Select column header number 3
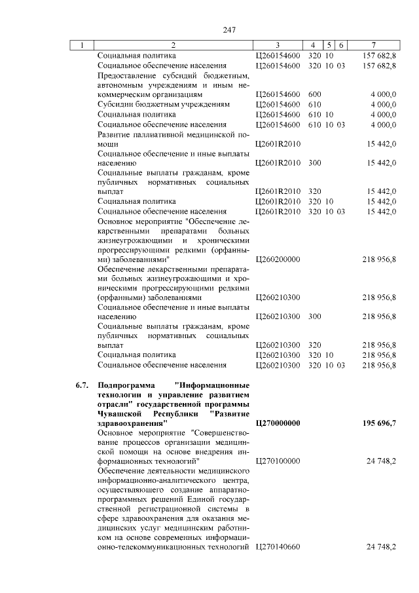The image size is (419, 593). coord(278,45)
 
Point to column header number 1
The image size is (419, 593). coord(82,45)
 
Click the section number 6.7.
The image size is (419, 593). coord(82,385)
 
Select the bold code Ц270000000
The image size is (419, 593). coord(278,423)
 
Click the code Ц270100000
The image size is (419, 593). coord(278,461)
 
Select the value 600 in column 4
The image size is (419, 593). coord(314,94)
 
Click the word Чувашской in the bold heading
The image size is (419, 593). coord(120,414)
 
